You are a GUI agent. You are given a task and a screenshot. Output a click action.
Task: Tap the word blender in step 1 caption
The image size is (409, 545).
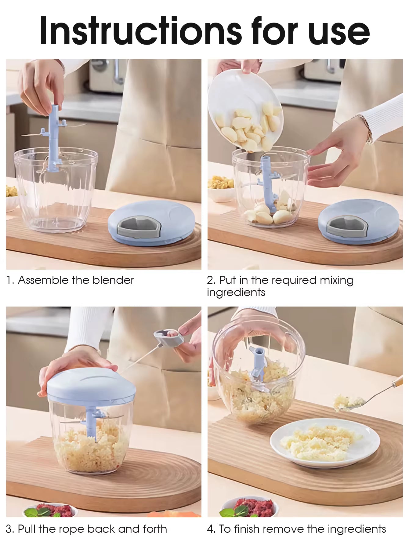[113, 280]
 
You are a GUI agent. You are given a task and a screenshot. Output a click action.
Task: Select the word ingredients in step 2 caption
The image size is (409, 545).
[236, 292]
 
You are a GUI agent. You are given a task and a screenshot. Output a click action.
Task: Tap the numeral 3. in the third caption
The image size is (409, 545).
[10, 529]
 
